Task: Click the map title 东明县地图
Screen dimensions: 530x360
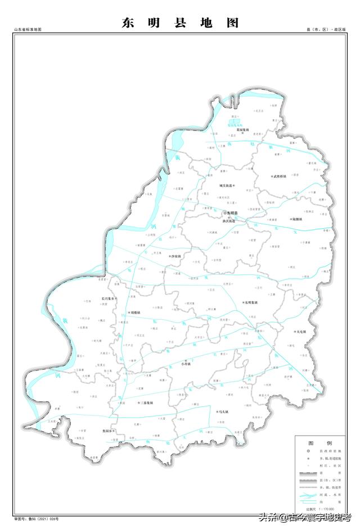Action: click(180, 23)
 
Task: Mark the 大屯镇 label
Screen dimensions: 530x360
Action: click(299, 332)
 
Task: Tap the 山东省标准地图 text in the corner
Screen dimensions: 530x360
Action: click(28, 29)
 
